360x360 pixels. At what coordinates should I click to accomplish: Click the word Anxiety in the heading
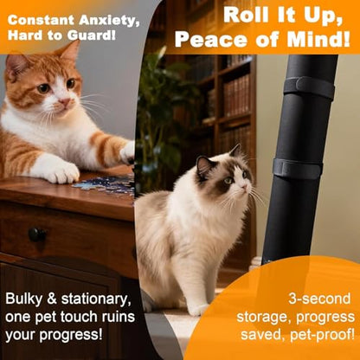(x=109, y=20)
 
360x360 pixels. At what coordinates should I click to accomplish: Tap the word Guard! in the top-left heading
(x=92, y=35)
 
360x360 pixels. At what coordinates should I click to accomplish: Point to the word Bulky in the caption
(x=23, y=299)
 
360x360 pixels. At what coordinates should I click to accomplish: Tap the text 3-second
(x=319, y=299)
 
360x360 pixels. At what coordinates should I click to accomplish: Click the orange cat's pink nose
(x=64, y=101)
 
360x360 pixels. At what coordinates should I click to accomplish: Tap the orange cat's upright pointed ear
(x=69, y=51)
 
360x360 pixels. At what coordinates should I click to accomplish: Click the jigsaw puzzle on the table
(x=105, y=184)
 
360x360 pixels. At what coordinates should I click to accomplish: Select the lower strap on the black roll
(x=298, y=169)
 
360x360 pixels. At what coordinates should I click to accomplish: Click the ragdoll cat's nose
(x=245, y=187)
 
